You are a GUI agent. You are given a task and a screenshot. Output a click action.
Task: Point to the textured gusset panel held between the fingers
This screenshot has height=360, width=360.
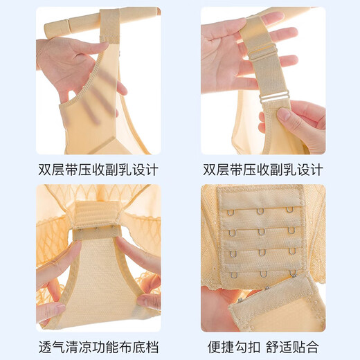click(x=97, y=277)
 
